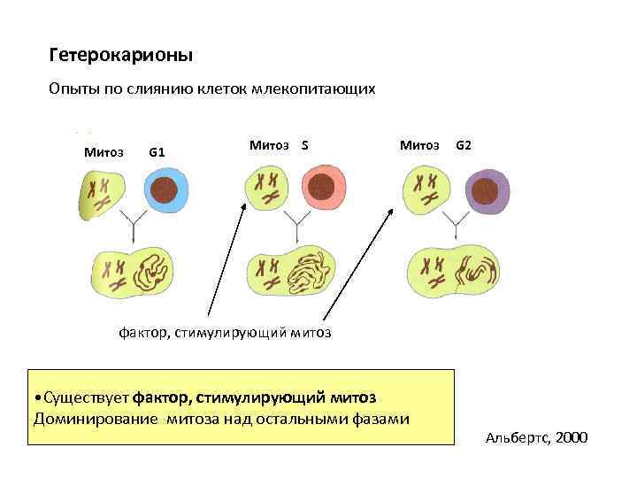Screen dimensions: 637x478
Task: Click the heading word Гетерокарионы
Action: pyautogui.click(x=121, y=56)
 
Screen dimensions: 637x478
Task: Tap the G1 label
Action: pyautogui.click(x=157, y=151)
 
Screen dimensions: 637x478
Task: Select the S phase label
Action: pyautogui.click(x=304, y=144)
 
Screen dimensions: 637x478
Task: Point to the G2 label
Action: pyautogui.click(x=463, y=144)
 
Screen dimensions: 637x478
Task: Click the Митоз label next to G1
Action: pyautogui.click(x=104, y=151)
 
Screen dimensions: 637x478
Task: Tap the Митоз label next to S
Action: pyautogui.click(x=269, y=144)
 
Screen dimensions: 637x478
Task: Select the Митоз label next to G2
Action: pyautogui.click(x=419, y=144)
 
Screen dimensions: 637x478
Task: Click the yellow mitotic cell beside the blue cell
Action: pyautogui.click(x=101, y=193)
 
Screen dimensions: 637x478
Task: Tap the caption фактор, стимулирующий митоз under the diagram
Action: pyautogui.click(x=225, y=333)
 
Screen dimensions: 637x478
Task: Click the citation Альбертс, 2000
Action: pyautogui.click(x=537, y=438)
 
